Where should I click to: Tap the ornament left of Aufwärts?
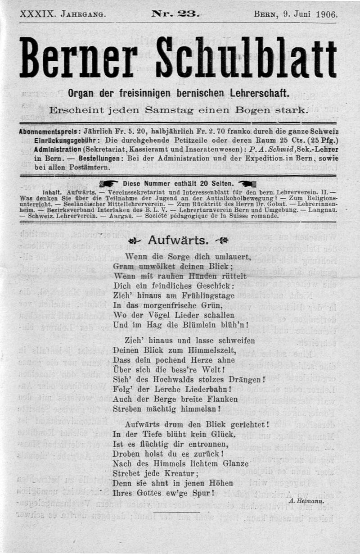click(x=134, y=240)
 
